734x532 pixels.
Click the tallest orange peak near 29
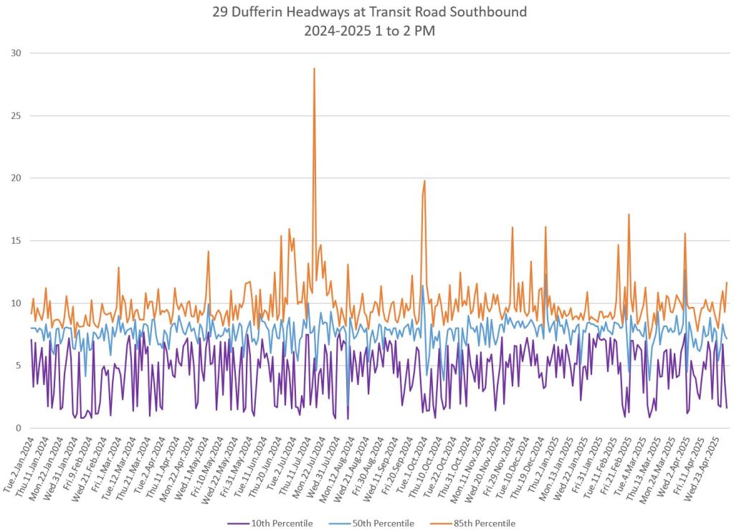(x=314, y=69)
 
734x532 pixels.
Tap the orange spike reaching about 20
(x=424, y=181)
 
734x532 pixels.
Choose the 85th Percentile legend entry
(x=484, y=523)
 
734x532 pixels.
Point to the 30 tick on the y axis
(x=16, y=53)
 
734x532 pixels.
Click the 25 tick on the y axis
(x=16, y=115)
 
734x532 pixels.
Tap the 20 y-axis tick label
(x=16, y=178)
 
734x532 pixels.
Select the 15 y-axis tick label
(x=16, y=240)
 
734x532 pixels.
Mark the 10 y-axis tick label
(x=16, y=303)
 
